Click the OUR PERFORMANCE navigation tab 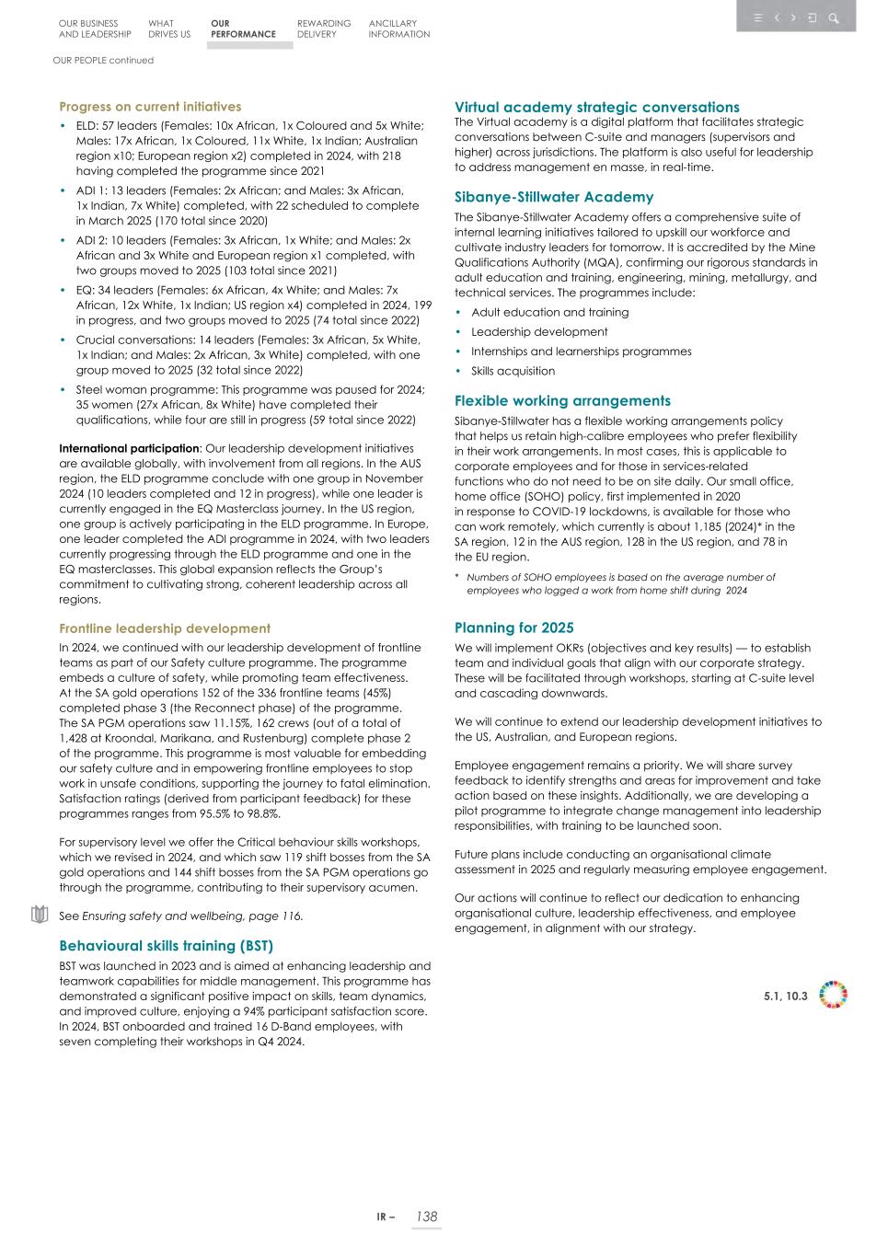pyautogui.click(x=243, y=29)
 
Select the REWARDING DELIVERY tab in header pyautogui.click(x=324, y=29)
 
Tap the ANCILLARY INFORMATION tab pyautogui.click(x=398, y=29)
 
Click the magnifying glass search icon pyautogui.click(x=834, y=17)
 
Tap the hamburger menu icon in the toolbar pyautogui.click(x=757, y=17)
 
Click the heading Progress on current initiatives pyautogui.click(x=150, y=107)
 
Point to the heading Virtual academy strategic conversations pyautogui.click(x=596, y=107)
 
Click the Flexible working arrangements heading pyautogui.click(x=562, y=401)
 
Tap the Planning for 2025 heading pyautogui.click(x=513, y=628)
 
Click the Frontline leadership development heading pyautogui.click(x=165, y=628)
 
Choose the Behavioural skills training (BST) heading pyautogui.click(x=166, y=946)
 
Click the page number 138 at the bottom pyautogui.click(x=426, y=1216)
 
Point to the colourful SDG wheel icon pyautogui.click(x=833, y=996)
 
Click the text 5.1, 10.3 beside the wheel pyautogui.click(x=785, y=997)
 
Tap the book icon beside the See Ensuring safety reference pyautogui.click(x=39, y=915)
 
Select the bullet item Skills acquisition pyautogui.click(x=513, y=371)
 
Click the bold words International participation pyautogui.click(x=129, y=449)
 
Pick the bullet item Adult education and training pyautogui.click(x=549, y=313)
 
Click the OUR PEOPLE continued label pyautogui.click(x=103, y=61)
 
